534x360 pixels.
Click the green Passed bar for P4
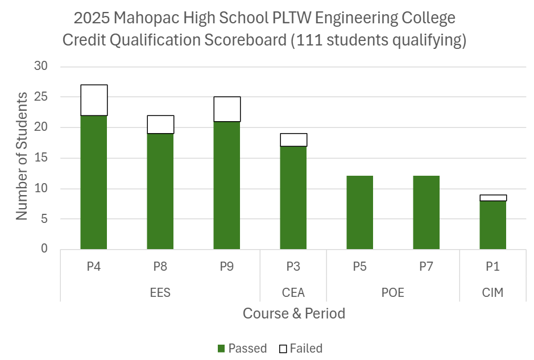pos(94,182)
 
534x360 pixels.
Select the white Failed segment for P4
pos(94,100)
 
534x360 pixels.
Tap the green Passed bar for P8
pos(160,191)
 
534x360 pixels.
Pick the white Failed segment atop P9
pos(227,109)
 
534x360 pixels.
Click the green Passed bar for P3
pos(293,197)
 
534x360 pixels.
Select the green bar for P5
pos(360,213)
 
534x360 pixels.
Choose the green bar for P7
pos(427,213)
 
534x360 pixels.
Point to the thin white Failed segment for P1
pos(493,198)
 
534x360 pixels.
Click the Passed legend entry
pos(242,349)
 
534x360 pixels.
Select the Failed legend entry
pos(301,349)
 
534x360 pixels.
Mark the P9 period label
pos(227,266)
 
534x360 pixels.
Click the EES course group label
pos(160,293)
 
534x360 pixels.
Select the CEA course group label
pos(293,293)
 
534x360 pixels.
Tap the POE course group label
pos(393,293)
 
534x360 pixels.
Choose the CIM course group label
pos(492,293)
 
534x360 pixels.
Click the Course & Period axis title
pos(293,313)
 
